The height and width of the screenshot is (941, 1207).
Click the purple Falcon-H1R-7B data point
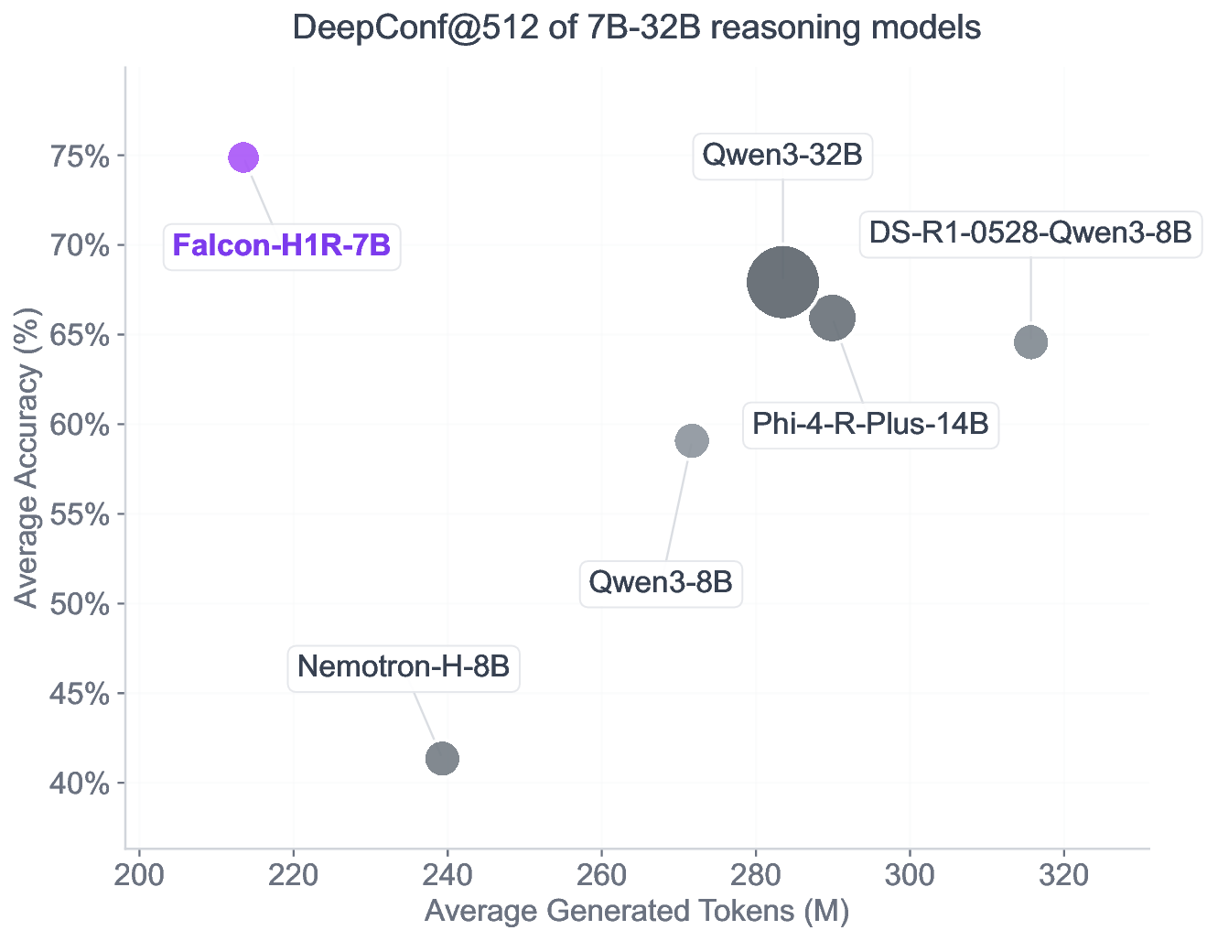[242, 157]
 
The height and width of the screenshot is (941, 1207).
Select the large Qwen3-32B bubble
[782, 282]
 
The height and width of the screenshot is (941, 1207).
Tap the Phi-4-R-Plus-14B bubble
[833, 319]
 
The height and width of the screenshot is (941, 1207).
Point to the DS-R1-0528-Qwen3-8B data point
[1030, 342]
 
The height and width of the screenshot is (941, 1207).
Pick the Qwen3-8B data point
[692, 441]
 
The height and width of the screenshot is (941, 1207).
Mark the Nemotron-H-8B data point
[442, 758]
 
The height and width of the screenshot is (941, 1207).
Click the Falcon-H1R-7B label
[282, 245]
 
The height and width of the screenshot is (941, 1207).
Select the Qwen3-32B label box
[782, 155]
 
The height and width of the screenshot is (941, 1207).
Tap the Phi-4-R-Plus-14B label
[870, 425]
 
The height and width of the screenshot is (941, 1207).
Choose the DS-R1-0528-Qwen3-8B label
[1030, 233]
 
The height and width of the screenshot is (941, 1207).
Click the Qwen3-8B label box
[661, 582]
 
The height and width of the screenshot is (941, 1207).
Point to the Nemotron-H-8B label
[404, 666]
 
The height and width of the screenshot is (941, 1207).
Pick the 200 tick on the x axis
[139, 875]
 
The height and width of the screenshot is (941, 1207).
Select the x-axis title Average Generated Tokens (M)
[637, 912]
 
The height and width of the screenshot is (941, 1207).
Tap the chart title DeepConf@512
[637, 27]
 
